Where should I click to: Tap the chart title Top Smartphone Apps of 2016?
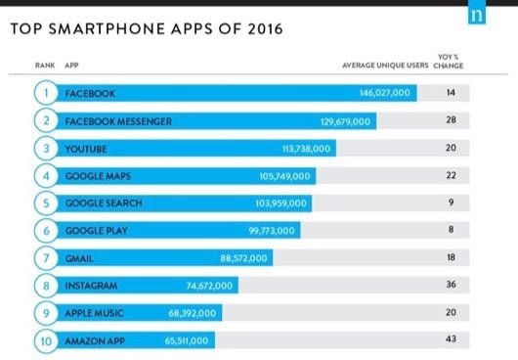(146, 28)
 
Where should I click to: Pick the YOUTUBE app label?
(86, 149)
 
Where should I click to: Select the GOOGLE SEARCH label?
(104, 203)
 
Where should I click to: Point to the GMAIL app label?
(79, 258)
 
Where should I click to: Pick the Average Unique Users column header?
(386, 66)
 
